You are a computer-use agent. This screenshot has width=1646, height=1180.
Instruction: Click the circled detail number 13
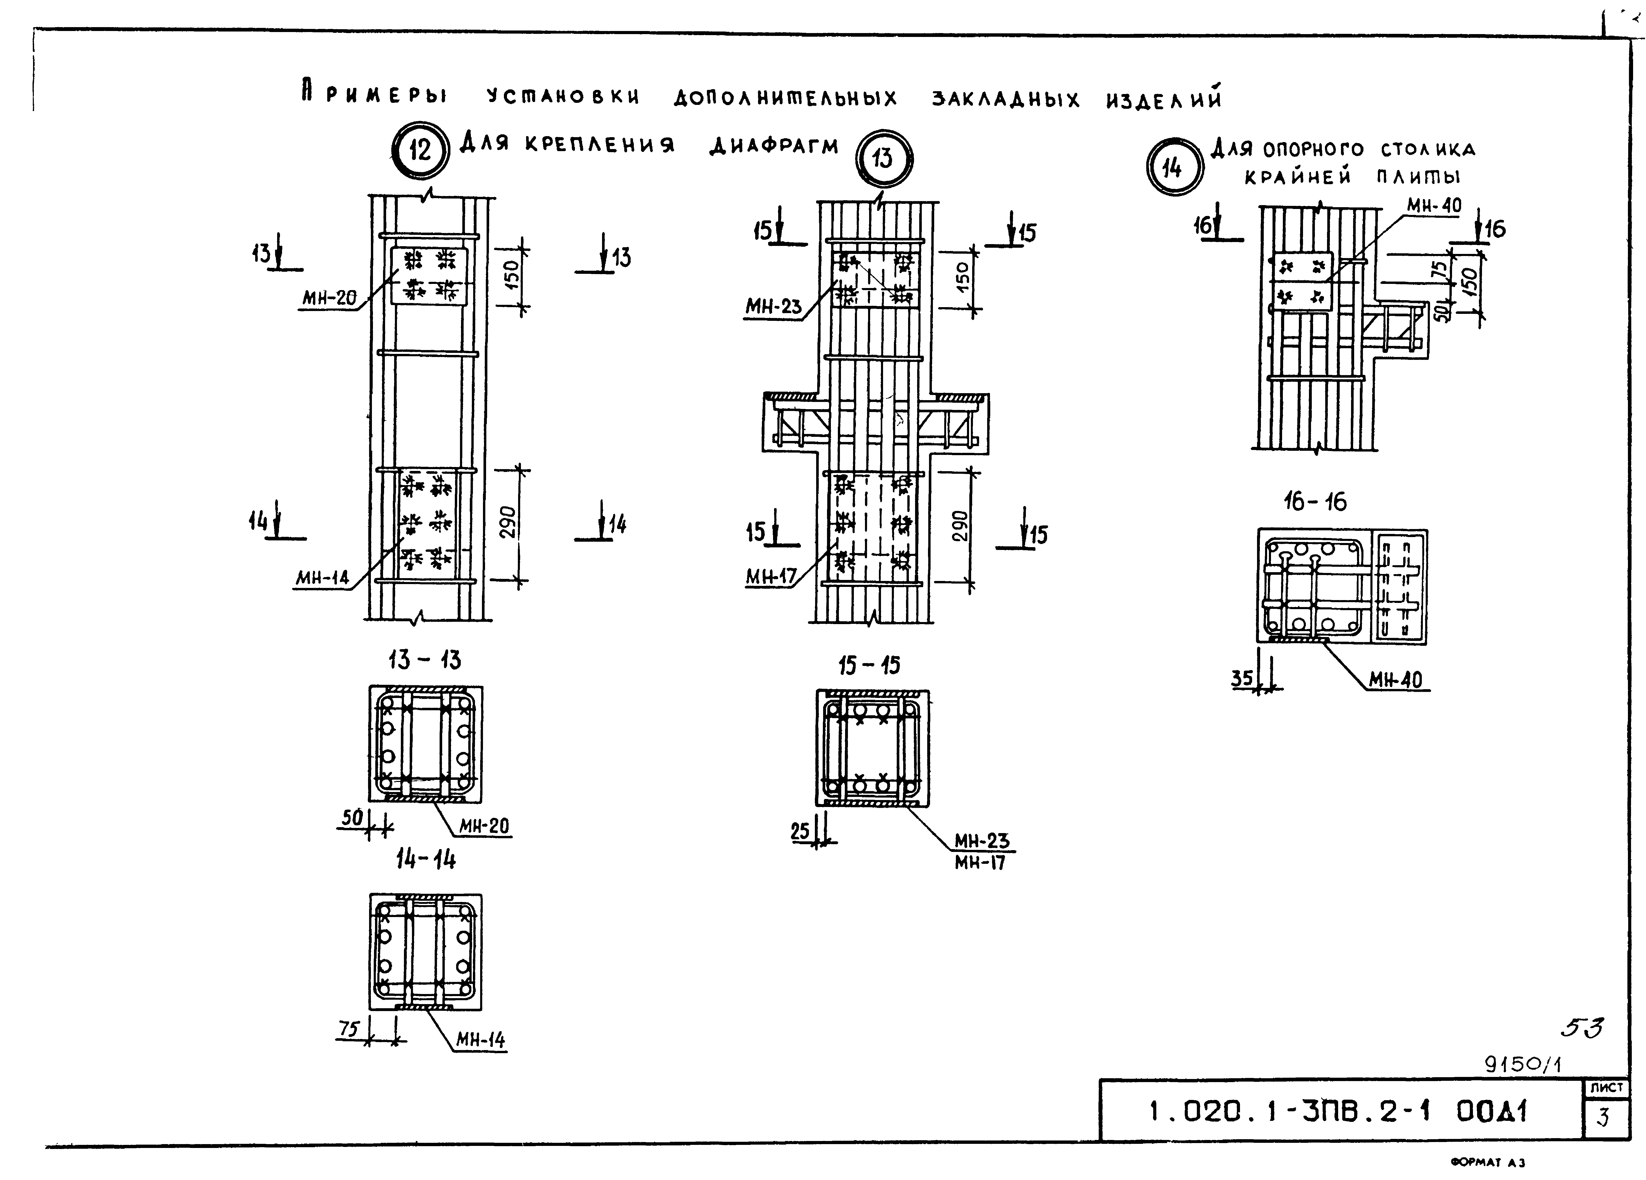pyautogui.click(x=883, y=158)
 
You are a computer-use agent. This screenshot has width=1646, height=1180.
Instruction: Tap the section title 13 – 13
pyautogui.click(x=425, y=660)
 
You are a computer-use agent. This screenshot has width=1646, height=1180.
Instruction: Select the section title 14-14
pyautogui.click(x=426, y=859)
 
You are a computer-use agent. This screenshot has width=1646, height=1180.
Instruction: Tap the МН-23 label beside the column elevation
pyautogui.click(x=774, y=306)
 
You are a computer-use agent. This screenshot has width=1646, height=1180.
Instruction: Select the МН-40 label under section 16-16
pyautogui.click(x=1396, y=680)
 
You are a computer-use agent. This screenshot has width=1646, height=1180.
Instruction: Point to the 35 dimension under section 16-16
pyautogui.click(x=1242, y=678)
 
